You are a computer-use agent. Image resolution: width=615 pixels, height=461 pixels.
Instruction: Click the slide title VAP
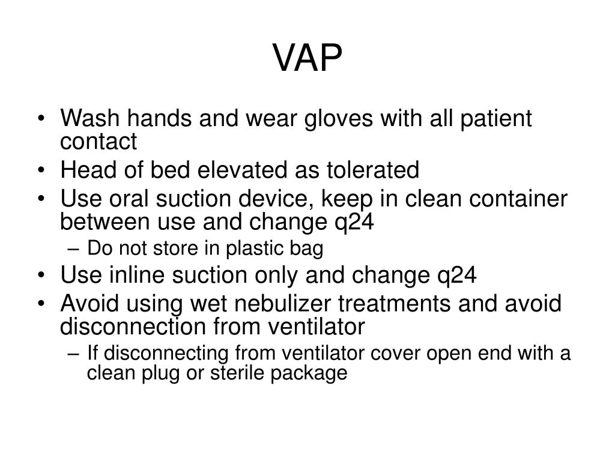(308, 59)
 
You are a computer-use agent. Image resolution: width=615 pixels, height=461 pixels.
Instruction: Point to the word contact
(98, 142)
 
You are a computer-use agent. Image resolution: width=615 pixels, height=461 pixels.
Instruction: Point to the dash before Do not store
(77, 247)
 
